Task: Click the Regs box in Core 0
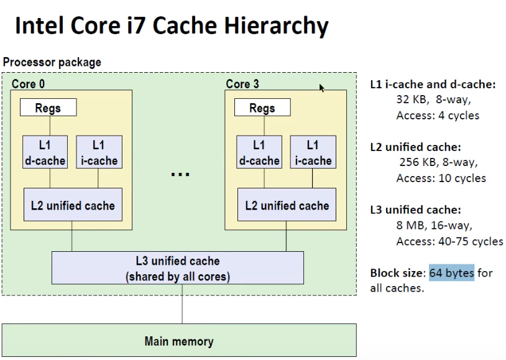coord(48,108)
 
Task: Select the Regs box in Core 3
coord(262,108)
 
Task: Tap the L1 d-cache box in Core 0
coord(44,152)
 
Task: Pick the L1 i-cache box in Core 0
coord(98,152)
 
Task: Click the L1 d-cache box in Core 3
coord(259,152)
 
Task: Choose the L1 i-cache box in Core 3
coord(313,152)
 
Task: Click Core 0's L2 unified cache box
coord(73,205)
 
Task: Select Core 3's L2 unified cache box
coord(287,205)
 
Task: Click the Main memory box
coord(179,341)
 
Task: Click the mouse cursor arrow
coord(322,88)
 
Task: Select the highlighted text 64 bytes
coord(451,273)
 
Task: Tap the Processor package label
coord(52,62)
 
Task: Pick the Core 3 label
coord(242,83)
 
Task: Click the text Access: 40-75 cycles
coord(449,241)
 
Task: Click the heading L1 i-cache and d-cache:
coord(433,83)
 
